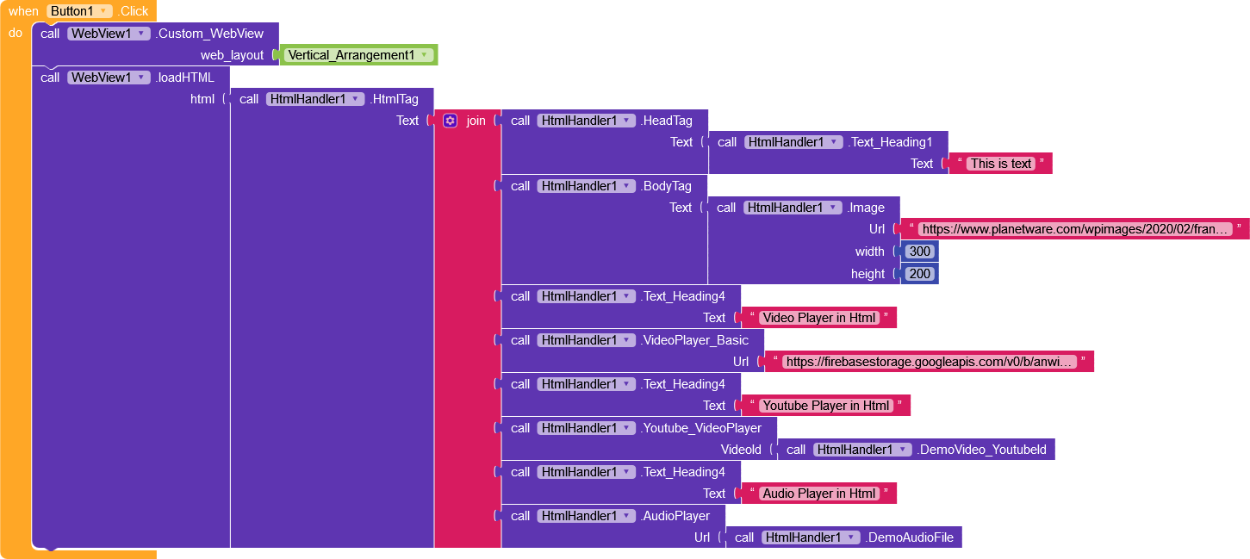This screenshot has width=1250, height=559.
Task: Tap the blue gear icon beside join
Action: (x=450, y=121)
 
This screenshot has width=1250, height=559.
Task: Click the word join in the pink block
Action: (x=476, y=121)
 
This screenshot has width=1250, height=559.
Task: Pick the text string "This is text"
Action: (x=1000, y=164)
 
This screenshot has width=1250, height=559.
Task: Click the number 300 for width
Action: (x=920, y=252)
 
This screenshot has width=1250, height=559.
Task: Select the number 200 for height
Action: (x=920, y=274)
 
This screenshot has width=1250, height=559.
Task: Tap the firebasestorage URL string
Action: (x=930, y=362)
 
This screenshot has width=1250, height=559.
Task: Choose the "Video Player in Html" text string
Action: (x=818, y=318)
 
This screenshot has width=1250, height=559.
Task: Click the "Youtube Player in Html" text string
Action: (x=825, y=406)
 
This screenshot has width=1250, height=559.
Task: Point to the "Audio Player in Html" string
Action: (x=818, y=494)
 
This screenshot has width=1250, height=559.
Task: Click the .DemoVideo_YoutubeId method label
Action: (x=982, y=450)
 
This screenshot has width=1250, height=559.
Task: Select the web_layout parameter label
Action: (x=232, y=55)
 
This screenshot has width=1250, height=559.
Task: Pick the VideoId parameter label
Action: (x=741, y=450)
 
